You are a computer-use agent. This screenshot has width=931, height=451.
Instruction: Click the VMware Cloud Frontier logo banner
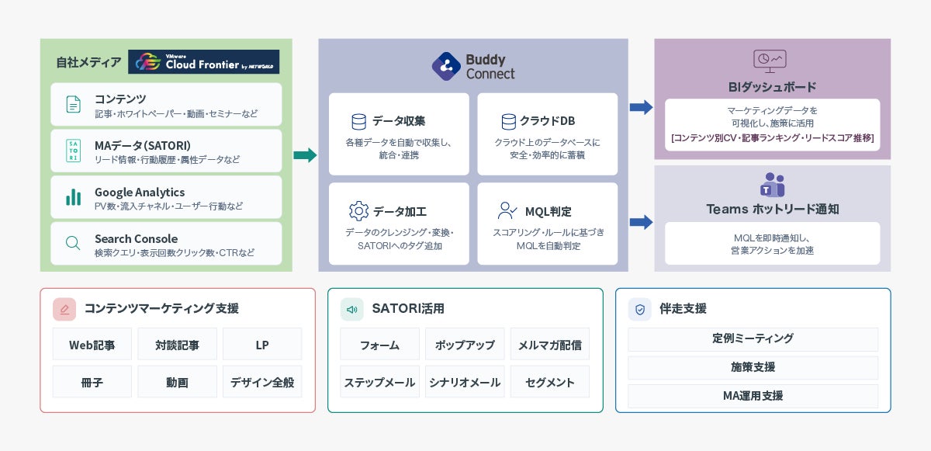[x=203, y=61]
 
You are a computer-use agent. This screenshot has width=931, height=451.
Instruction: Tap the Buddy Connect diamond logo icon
[x=446, y=66]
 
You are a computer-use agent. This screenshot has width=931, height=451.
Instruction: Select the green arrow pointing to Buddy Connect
[x=305, y=155]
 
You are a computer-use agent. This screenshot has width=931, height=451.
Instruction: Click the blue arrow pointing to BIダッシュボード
[x=641, y=107]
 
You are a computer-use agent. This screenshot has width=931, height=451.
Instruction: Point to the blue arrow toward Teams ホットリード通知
[x=641, y=222]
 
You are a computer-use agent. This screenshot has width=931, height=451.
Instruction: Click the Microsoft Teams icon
[x=772, y=185]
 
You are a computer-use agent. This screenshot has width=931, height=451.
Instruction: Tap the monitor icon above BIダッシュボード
[x=770, y=61]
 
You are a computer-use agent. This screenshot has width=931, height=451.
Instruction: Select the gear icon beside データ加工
[x=358, y=211]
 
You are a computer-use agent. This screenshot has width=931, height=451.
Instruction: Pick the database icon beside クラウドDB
[x=508, y=121]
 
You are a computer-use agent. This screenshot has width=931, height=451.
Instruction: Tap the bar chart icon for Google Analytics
[x=74, y=197]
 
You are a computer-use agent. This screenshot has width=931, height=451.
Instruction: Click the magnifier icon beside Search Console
[x=73, y=243]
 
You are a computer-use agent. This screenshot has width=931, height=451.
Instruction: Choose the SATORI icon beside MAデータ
[x=74, y=151]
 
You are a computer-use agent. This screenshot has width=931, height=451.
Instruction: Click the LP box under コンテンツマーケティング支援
[x=262, y=344]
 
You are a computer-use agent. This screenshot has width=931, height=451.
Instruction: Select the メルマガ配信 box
[x=550, y=344]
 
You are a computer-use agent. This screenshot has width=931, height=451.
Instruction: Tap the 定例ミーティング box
[x=753, y=338]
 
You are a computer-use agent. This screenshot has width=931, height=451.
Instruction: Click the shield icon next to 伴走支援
[x=640, y=309]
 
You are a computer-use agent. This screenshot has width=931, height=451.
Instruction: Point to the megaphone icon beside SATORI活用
[x=352, y=309]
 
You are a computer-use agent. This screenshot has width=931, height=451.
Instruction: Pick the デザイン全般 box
[x=262, y=382]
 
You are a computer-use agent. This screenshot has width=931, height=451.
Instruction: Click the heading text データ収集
[x=399, y=121]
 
